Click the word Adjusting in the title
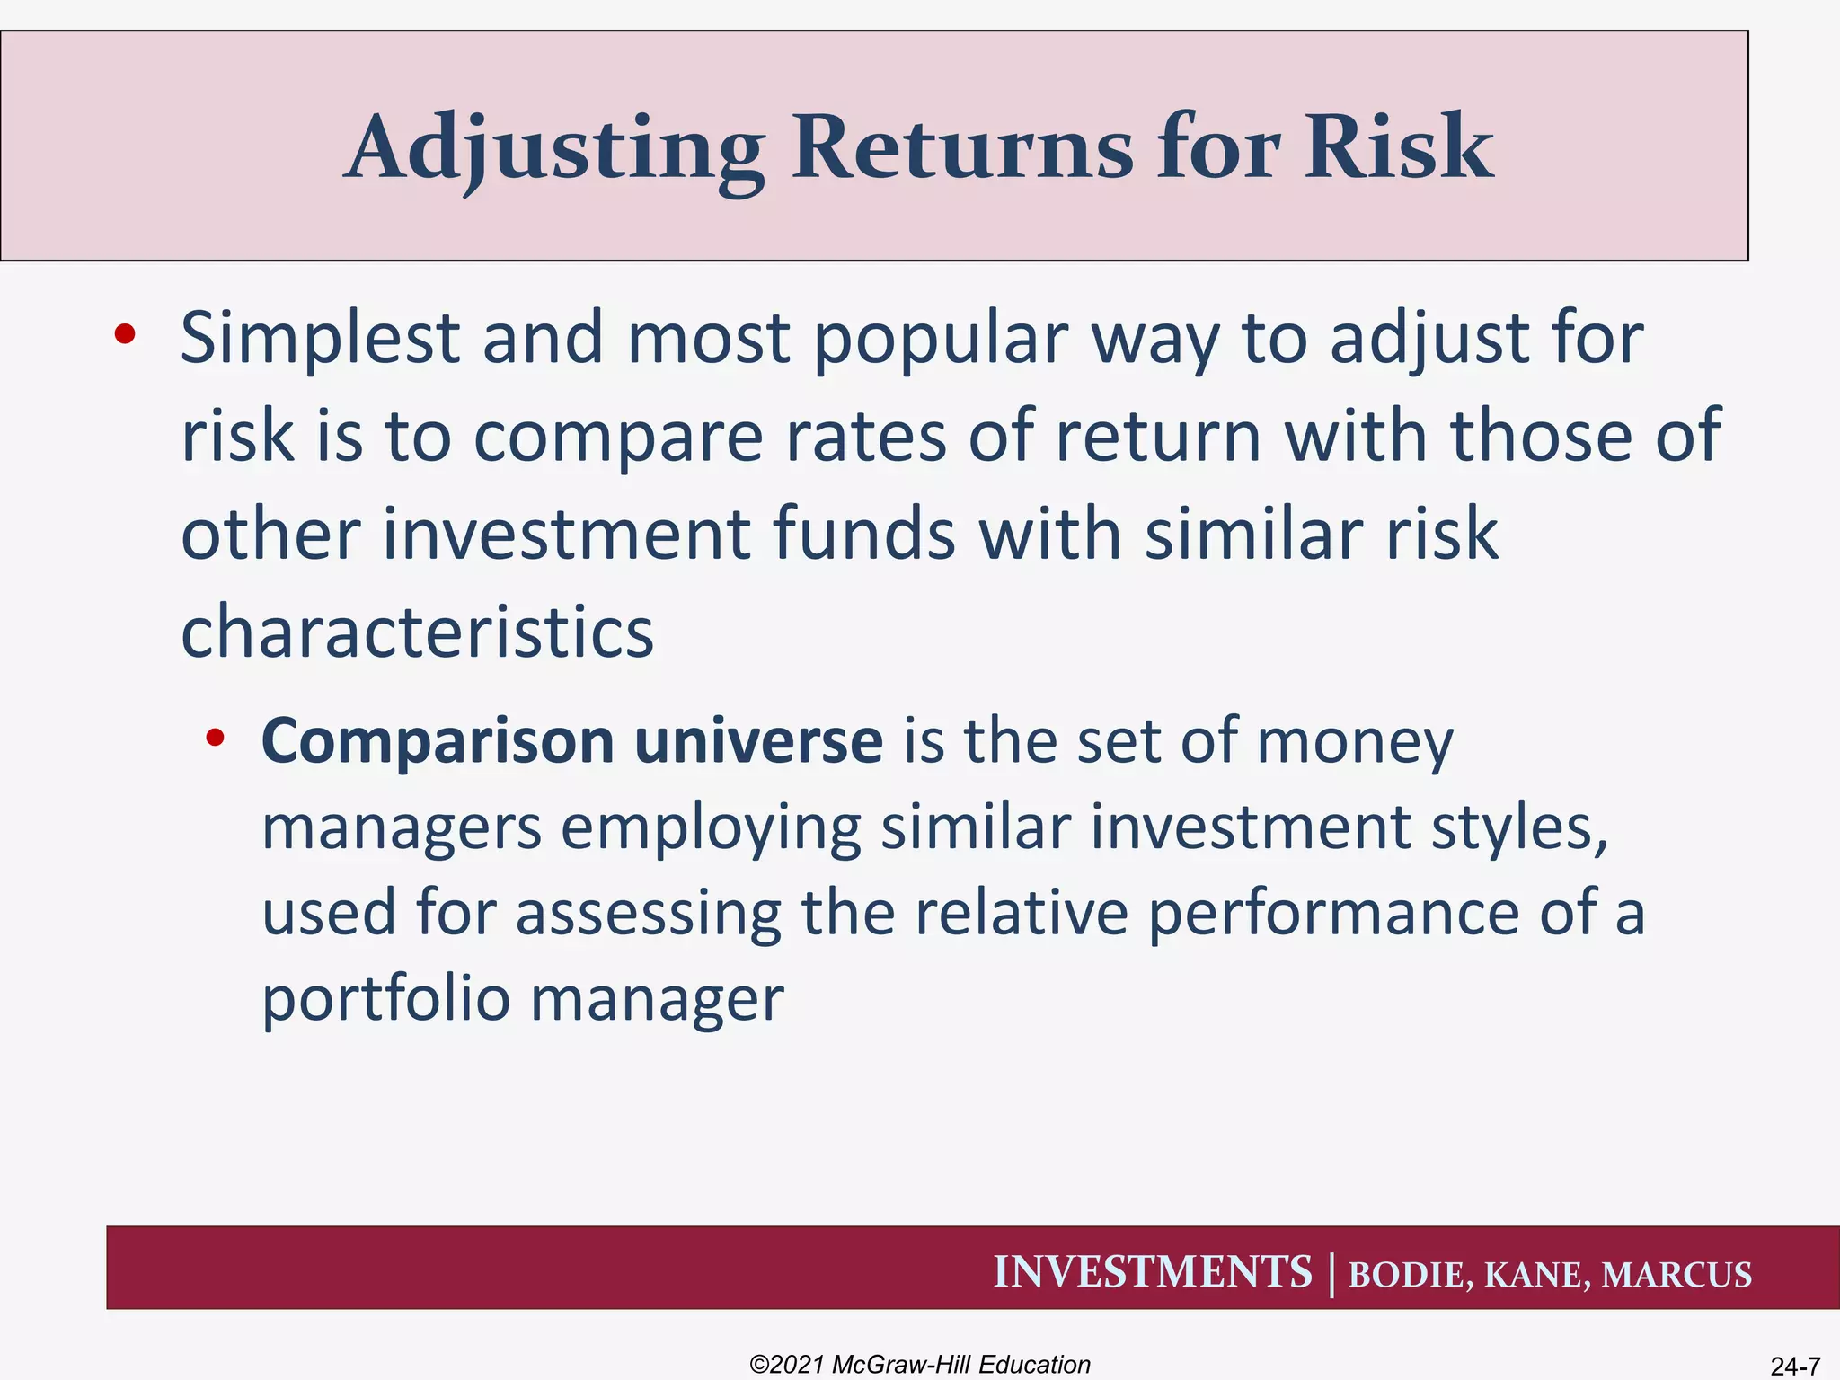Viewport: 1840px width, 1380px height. [554, 148]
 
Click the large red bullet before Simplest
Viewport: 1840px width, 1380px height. [124, 335]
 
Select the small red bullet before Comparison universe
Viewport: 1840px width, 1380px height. [215, 739]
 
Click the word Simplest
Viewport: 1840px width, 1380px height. [320, 339]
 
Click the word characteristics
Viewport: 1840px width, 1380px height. [417, 632]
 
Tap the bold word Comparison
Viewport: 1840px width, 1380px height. [438, 742]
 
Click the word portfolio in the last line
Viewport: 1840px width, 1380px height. [385, 999]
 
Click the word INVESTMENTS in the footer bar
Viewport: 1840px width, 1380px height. [1152, 1272]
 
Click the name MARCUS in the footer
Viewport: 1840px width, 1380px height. [1676, 1275]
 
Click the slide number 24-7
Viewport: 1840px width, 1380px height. [1794, 1367]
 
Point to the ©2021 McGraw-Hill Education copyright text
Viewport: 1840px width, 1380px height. [919, 1364]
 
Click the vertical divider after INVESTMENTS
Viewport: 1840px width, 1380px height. [1331, 1274]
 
